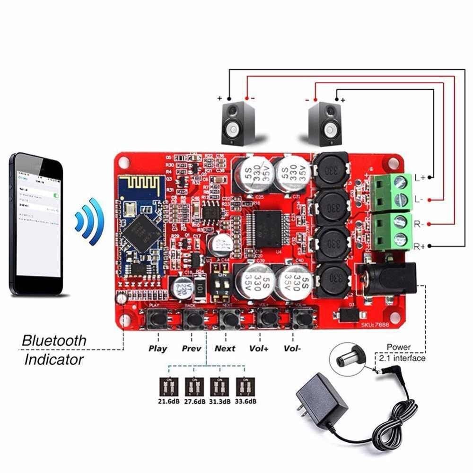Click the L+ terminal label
tap(420, 178)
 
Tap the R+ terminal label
tap(420, 246)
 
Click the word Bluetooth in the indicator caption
tap(54, 340)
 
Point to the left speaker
tap(238, 123)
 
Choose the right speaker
tap(324, 123)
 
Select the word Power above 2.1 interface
tap(398, 347)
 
